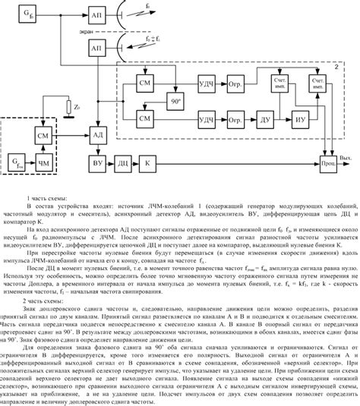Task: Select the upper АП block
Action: click(97, 15)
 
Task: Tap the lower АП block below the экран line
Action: click(97, 48)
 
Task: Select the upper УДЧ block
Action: click(206, 81)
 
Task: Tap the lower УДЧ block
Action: click(206, 118)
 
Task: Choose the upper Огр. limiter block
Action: click(235, 81)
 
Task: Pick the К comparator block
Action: click(148, 163)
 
